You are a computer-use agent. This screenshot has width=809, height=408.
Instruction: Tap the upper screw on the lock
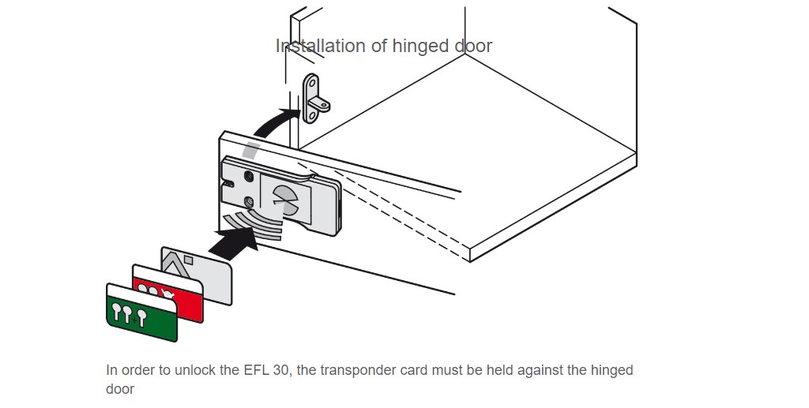coord(250,176)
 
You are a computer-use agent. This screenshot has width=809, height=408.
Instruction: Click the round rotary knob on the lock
coord(283,198)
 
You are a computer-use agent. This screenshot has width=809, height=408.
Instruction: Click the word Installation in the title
coord(319,46)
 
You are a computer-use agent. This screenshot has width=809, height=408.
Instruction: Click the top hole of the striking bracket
coord(311,81)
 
